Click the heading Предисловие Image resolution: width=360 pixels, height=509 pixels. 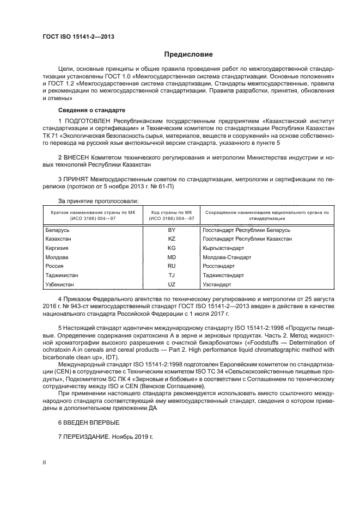pos(189,54)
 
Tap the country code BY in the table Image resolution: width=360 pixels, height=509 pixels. pos(172,230)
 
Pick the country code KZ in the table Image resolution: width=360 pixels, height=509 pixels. pos(172,239)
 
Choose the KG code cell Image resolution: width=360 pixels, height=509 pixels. pos(172,248)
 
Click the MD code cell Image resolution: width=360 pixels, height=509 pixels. pos(172,257)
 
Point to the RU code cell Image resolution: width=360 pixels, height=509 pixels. pos(172,266)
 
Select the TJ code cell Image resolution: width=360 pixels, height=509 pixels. pos(172,275)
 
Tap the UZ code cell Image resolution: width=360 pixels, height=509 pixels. pos(172,285)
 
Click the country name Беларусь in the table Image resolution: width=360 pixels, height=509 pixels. pos(57,230)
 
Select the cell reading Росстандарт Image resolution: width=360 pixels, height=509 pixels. pos(218,266)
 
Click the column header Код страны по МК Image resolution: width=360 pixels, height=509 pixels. pos(172,212)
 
